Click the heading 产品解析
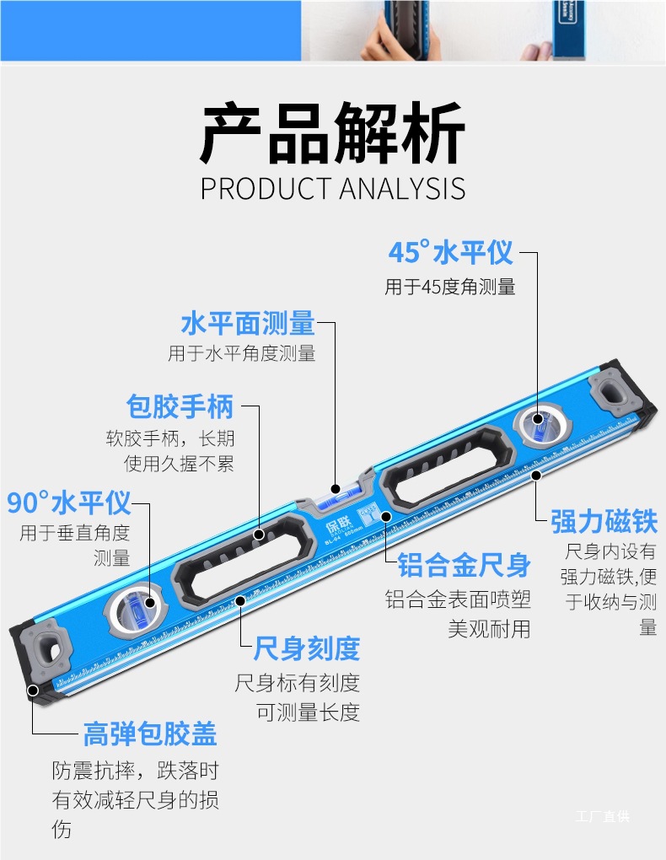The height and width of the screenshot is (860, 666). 332,133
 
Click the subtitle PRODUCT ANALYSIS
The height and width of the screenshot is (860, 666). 332,188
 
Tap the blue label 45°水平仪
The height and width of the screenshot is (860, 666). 450,252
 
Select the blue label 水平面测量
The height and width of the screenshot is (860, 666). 248,323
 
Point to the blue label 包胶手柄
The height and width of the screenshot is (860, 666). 180,406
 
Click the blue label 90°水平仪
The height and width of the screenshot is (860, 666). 69,503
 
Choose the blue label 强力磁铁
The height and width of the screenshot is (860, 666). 604,521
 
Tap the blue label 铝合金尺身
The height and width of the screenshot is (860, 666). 464,565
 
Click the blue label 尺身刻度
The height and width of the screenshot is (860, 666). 307,648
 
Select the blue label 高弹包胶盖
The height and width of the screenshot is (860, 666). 150,734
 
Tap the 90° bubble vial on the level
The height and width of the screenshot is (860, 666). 135,604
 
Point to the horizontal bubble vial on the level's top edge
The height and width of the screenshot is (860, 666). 336,489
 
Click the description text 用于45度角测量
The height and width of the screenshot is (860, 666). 450,288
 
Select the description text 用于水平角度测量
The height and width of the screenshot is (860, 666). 242,354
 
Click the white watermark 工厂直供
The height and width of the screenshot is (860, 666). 602,816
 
